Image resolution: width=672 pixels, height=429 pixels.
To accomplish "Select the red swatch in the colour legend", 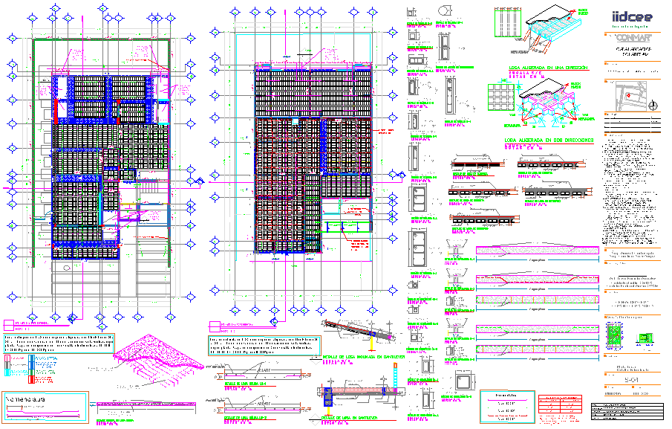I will click(30, 379).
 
